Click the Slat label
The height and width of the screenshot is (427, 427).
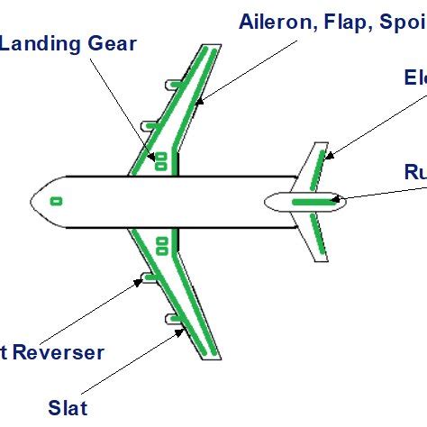click(x=68, y=407)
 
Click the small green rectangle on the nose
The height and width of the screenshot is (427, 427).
click(x=56, y=200)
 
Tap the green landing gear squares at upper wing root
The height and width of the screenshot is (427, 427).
click(x=163, y=161)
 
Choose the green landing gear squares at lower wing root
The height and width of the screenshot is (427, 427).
click(x=163, y=243)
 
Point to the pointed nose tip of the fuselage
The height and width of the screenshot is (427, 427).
click(x=32, y=200)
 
